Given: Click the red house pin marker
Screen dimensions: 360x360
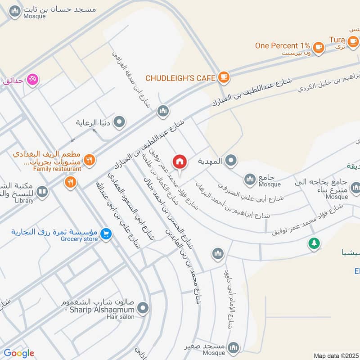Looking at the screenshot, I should pos(180,162).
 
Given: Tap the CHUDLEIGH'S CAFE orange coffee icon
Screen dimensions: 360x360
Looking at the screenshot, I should pos(223,77).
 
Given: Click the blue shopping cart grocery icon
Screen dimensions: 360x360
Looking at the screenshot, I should pos(106,234).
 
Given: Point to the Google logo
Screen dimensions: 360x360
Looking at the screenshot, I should pos(18,353).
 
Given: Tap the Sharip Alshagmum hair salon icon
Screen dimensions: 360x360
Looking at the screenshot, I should pos(143,308).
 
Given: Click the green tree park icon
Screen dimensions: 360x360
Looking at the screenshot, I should pos(314,243).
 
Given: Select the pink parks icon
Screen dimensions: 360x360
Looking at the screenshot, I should pos(32,80).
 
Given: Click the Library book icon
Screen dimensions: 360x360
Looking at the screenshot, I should pos(42,192).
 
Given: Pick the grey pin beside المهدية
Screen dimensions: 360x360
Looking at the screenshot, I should pos(231,160).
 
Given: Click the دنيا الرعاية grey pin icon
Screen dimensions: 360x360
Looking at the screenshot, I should pos(119,121).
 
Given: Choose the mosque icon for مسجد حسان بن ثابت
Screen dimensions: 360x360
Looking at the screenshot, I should pos(15,11).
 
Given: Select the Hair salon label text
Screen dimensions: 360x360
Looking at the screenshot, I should pos(121,317).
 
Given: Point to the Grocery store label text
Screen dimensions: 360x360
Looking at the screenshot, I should pos(79,239).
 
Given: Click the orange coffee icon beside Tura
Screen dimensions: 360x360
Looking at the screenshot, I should pos(353,41).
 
